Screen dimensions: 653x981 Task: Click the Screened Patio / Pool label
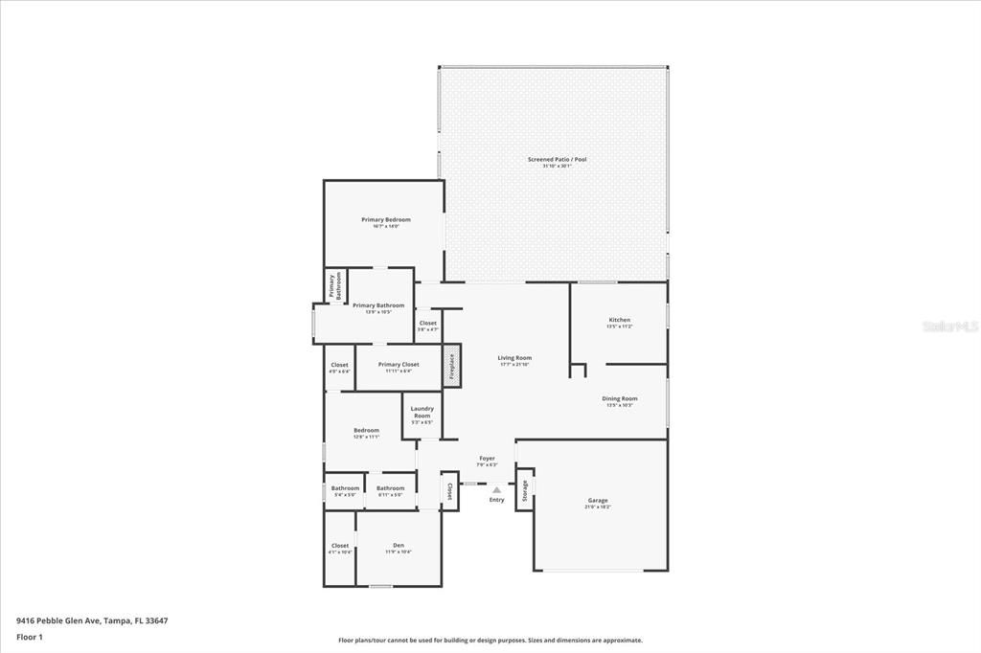[557, 159]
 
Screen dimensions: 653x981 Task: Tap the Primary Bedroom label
[386, 220]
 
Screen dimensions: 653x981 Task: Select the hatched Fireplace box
[451, 366]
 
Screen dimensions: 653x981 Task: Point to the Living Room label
[514, 358]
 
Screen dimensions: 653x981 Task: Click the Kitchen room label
[619, 320]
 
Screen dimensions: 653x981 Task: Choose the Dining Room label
[619, 398]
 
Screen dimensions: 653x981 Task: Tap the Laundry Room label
[422, 412]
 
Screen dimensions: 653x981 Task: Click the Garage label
[598, 500]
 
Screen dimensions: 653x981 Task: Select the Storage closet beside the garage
[524, 489]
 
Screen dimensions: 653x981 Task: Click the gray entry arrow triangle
[496, 490]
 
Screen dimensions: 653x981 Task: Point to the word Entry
[496, 500]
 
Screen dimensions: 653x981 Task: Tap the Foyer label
[488, 459]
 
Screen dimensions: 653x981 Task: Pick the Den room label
[399, 546]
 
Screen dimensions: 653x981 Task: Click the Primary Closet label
[399, 365]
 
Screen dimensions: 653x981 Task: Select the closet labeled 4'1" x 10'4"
[339, 548]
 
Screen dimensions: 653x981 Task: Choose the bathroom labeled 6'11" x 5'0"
[390, 488]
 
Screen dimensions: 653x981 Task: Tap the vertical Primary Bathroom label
[335, 286]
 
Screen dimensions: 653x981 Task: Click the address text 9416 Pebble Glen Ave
[92, 620]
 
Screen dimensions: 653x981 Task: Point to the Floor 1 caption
[30, 636]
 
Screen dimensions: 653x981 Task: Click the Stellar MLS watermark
[949, 326]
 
